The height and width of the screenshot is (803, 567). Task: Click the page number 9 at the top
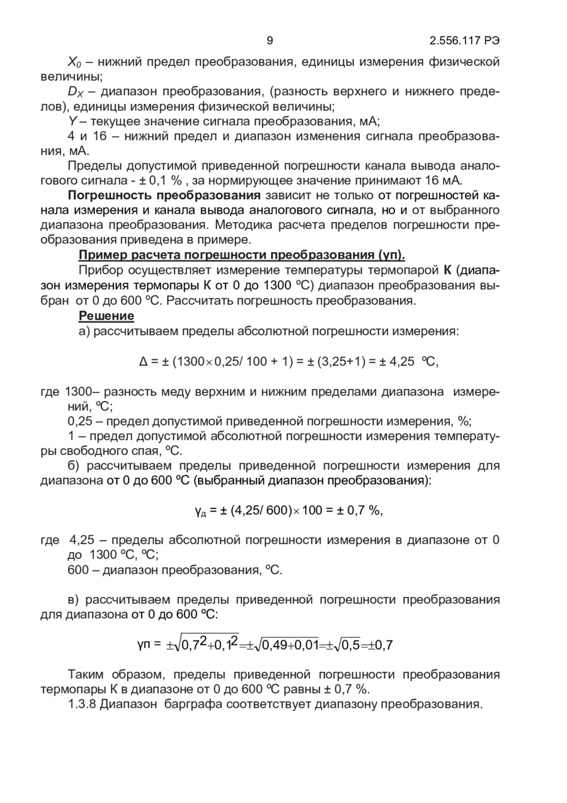pyautogui.click(x=270, y=41)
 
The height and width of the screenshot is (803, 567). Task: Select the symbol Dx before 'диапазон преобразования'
pyautogui.click(x=75, y=92)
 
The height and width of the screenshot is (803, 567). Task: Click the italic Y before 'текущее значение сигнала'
pyautogui.click(x=71, y=121)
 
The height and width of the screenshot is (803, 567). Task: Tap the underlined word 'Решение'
pyautogui.click(x=106, y=315)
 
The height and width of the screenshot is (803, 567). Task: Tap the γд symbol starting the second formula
pyautogui.click(x=200, y=511)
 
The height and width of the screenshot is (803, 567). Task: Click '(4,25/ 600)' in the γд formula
pyautogui.click(x=254, y=511)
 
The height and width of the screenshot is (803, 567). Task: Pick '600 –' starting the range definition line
pyautogui.click(x=83, y=570)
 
